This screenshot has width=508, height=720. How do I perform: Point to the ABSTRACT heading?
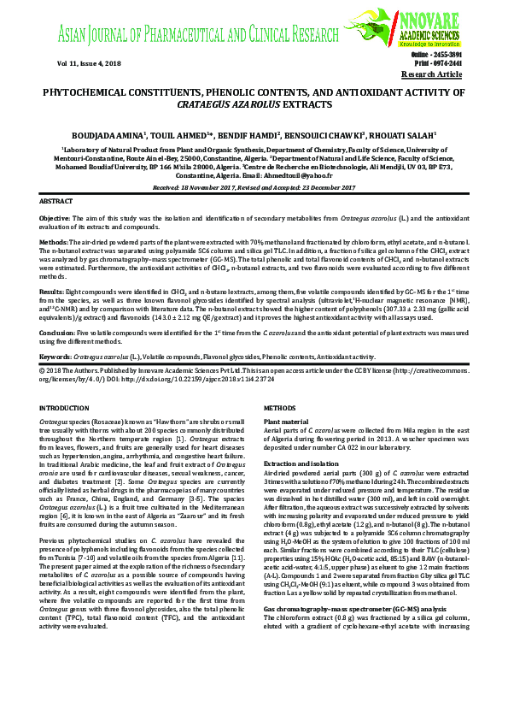(56, 199)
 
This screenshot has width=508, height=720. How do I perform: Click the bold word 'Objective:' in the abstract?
(55, 219)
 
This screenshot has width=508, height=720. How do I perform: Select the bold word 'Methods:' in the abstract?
(55, 244)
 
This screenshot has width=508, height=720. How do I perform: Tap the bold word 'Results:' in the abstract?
(53, 292)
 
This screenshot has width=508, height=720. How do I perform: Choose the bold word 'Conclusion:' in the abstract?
(57, 332)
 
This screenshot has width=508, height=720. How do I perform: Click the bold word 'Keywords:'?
(55, 356)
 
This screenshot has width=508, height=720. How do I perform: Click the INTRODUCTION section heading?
(65, 410)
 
